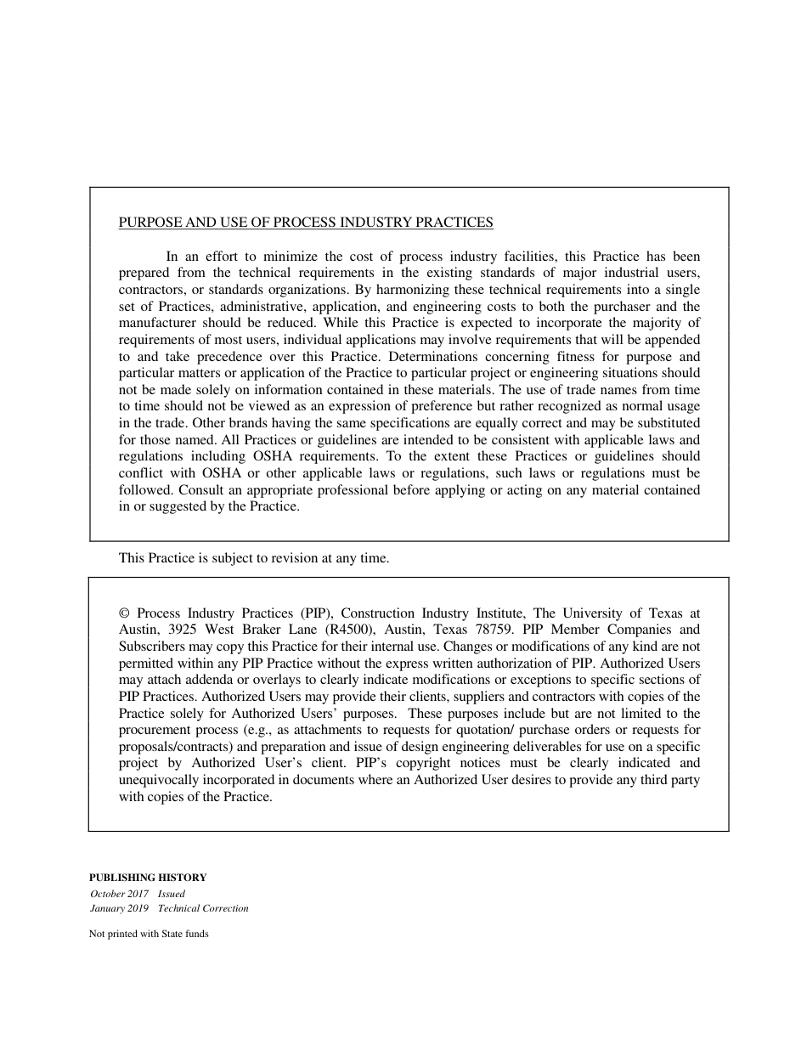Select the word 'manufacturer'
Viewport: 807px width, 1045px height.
point(154,323)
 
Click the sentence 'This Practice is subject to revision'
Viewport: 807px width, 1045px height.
point(254,558)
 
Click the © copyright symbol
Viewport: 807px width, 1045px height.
point(124,613)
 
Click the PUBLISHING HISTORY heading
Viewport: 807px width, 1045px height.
point(148,878)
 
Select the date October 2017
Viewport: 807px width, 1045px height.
point(120,894)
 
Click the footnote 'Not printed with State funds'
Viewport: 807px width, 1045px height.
point(149,934)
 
